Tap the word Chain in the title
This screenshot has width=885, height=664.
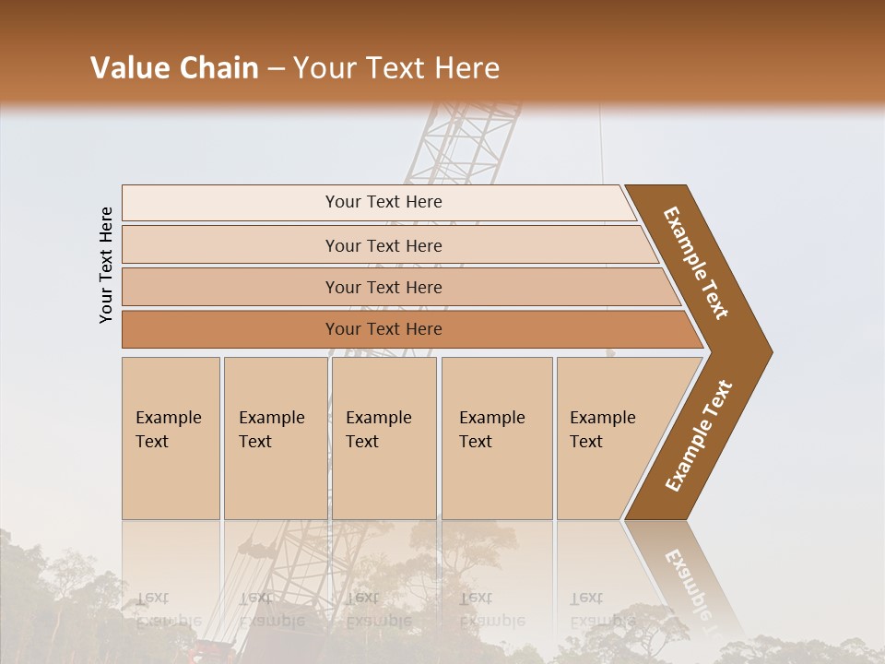tap(219, 68)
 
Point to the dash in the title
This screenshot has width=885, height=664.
tap(276, 69)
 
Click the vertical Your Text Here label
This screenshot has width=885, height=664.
tap(106, 265)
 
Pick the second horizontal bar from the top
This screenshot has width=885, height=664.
tap(383, 245)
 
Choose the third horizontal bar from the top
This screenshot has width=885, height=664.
tap(383, 287)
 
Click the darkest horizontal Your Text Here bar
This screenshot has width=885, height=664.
tap(383, 329)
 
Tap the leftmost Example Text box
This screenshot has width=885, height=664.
tap(171, 437)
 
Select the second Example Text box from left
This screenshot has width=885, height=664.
tap(275, 437)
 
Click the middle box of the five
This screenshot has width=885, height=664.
tap(383, 437)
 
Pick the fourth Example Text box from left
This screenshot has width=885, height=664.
tap(497, 437)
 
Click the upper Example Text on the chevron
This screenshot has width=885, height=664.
tap(697, 263)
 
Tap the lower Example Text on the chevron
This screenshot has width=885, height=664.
tap(699, 436)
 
